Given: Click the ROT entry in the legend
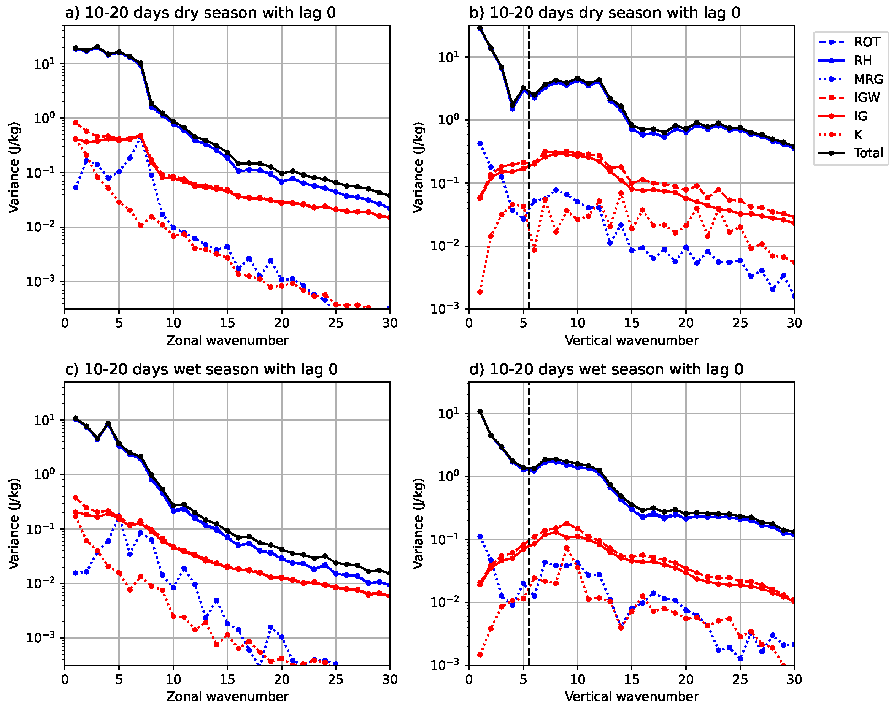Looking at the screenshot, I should pos(867,42).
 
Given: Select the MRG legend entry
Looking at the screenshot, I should pos(868,79).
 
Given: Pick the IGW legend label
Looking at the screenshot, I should pos(867,97).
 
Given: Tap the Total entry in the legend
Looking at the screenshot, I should pos(868,153).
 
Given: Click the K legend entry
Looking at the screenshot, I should pos(858,134).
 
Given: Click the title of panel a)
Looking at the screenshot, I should pos(200,13).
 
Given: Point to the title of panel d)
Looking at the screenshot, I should pos(606,369).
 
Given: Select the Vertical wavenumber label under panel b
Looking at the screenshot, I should pos(631,340).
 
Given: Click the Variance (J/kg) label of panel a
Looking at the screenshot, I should pos(14,167).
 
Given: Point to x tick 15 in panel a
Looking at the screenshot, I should pos(227,323).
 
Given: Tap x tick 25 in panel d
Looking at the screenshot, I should pos(740,679).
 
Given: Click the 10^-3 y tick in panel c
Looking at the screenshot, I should pos(40,638).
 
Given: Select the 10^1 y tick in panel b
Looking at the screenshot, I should pos(449,57).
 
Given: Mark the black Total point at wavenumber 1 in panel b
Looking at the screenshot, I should pos(480,28).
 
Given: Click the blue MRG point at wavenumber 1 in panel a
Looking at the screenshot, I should pos(75,187).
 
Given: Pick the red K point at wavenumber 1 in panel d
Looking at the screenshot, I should pos(480,655).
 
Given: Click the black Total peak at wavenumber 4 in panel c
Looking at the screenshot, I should pos(108,423).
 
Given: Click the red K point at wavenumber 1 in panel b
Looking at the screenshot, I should pos(480,292).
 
